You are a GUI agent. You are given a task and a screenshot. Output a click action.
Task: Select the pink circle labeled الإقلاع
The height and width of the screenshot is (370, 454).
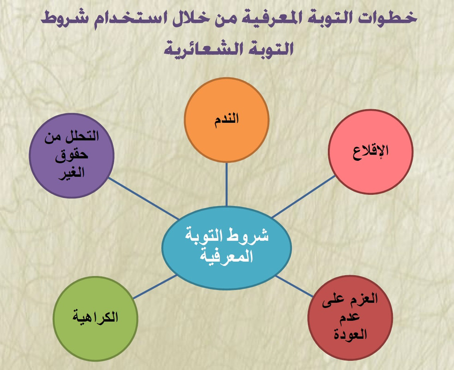370,152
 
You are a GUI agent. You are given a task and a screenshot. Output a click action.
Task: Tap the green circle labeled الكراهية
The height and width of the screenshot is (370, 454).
95,318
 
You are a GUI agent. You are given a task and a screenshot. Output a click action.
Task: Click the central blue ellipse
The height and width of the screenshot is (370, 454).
226,247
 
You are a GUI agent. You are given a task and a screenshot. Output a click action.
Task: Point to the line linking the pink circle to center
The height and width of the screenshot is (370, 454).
303,196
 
